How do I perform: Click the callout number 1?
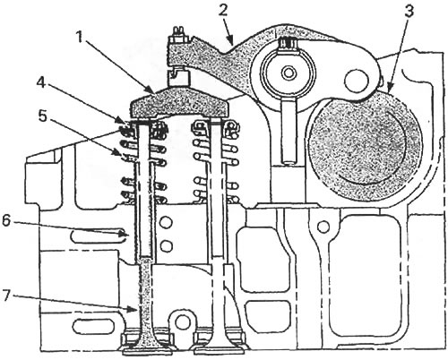(x=79, y=38)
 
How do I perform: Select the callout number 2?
(x=223, y=11)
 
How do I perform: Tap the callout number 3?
(x=409, y=12)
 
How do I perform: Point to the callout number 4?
(x=41, y=82)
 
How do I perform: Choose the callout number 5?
(x=43, y=116)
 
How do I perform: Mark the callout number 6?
(x=7, y=221)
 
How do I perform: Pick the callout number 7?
(x=7, y=297)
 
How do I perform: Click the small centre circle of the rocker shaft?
(x=289, y=73)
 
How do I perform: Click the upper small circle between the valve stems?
(x=167, y=222)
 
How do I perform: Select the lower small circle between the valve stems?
(x=167, y=246)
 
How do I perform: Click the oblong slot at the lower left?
(x=93, y=325)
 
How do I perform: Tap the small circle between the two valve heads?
(x=182, y=321)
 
